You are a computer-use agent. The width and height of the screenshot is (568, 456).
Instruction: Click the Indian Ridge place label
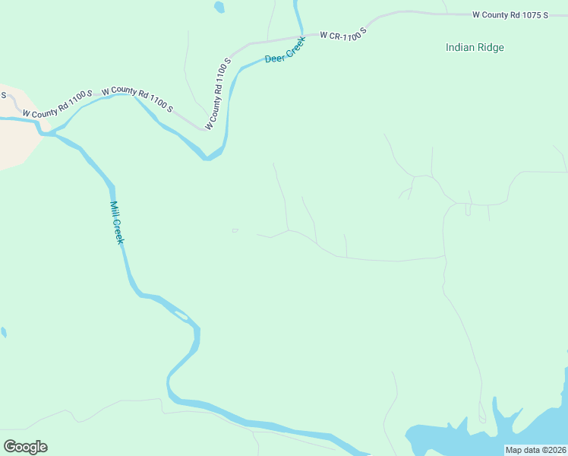pyautogui.click(x=475, y=47)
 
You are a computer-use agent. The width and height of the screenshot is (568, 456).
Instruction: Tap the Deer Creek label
pyautogui.click(x=285, y=51)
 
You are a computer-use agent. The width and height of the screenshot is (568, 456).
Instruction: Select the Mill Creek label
pyautogui.click(x=117, y=223)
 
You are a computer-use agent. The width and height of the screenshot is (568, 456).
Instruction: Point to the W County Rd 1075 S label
pyautogui.click(x=510, y=14)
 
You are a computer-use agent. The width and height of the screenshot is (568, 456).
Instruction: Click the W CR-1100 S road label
pyautogui.click(x=343, y=33)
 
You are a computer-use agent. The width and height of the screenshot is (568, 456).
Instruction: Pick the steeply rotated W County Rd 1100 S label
pyautogui.click(x=216, y=93)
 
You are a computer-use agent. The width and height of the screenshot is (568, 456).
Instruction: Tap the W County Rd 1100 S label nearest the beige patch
pyautogui.click(x=57, y=103)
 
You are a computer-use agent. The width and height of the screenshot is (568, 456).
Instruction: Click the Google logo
pyautogui.click(x=25, y=447)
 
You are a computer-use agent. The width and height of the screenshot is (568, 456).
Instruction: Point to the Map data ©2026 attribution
pyautogui.click(x=535, y=450)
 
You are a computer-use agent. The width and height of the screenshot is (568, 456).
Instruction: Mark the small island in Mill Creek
pyautogui.click(x=181, y=315)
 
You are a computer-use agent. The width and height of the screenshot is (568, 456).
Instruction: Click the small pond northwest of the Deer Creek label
pyautogui.click(x=219, y=7)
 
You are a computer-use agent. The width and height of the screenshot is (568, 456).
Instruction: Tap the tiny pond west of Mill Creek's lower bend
pyautogui.click(x=4, y=332)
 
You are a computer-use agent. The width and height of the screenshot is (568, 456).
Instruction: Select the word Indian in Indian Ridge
pyautogui.click(x=460, y=47)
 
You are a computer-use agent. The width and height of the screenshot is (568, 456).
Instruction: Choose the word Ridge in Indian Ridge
pyautogui.click(x=491, y=47)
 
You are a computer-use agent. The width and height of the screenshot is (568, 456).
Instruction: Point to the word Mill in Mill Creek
pyautogui.click(x=114, y=209)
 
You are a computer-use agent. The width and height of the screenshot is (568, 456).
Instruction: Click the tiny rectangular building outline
pyautogui.click(x=235, y=230)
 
